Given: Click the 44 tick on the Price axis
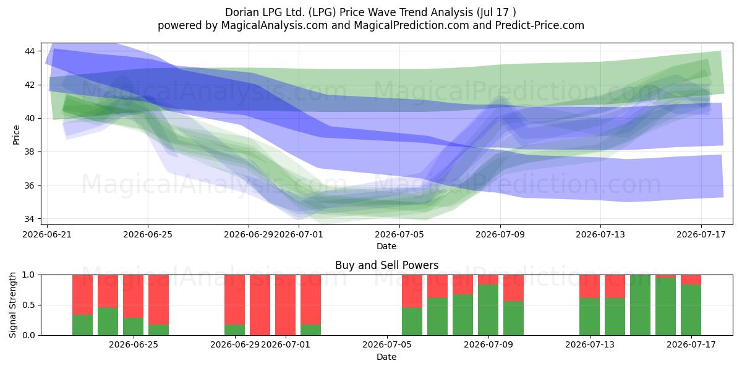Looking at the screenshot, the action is click(30, 51).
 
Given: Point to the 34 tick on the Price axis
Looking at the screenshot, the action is click(30, 219).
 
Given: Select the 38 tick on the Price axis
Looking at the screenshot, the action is click(30, 152).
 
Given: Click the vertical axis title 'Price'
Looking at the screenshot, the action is click(16, 135).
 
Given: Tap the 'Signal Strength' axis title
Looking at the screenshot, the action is click(12, 305).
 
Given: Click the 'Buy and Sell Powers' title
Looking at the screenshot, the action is click(386, 265).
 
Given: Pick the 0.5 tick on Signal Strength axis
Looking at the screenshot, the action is click(28, 305).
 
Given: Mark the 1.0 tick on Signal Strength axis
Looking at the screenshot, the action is click(28, 275).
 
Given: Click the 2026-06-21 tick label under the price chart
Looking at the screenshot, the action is click(47, 234).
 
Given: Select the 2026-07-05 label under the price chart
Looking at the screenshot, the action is click(399, 234).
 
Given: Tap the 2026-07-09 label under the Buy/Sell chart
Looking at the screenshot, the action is click(488, 345).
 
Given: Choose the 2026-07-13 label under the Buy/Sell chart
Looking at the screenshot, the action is click(590, 345).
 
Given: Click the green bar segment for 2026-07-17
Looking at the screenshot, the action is click(691, 310).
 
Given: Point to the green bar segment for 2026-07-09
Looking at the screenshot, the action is click(488, 310).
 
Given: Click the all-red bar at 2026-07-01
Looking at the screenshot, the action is click(285, 305).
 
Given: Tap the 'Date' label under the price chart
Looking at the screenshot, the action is click(386, 246).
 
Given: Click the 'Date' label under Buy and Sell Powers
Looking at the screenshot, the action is click(386, 357).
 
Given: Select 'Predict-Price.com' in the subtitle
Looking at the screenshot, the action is click(540, 25).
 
